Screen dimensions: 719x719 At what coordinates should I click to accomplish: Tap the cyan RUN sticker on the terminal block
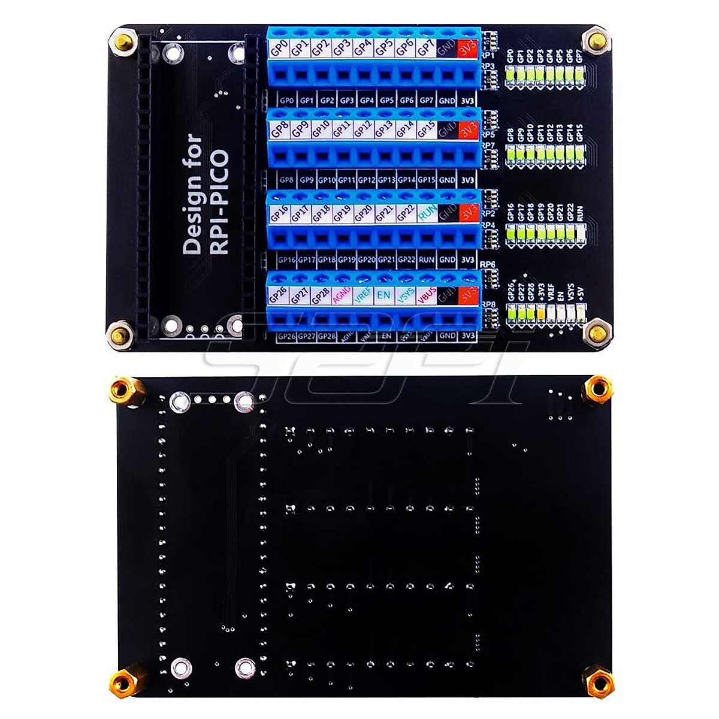tap(427, 213)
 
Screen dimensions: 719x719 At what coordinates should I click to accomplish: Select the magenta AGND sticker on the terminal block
tap(342, 295)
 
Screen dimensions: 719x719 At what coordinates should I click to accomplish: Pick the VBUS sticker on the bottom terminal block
tap(427, 295)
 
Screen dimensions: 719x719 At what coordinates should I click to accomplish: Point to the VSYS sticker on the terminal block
tap(405, 295)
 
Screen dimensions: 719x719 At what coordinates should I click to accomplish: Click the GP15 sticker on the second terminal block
tap(427, 129)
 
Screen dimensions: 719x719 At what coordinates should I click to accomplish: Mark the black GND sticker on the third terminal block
tap(447, 213)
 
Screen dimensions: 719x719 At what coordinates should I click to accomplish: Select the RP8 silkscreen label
tap(488, 304)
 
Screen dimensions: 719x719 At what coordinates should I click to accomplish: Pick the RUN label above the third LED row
tap(579, 214)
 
